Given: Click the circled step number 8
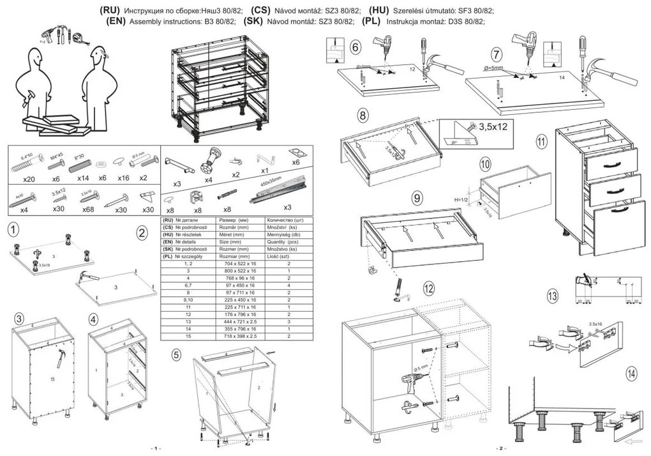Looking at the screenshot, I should point(363,116).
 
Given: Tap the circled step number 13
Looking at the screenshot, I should point(553,296).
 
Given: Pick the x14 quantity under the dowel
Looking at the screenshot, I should point(83,178).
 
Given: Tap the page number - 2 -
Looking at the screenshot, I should point(500,448).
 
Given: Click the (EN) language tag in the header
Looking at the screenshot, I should point(118,21).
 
